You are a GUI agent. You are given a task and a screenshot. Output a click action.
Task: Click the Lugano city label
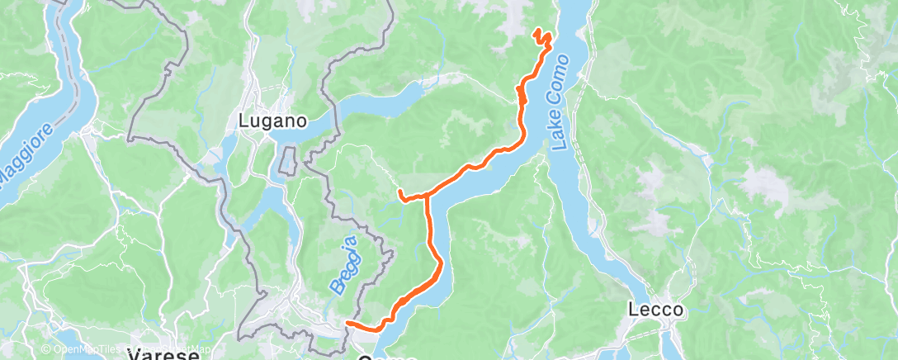pyautogui.click(x=272, y=121)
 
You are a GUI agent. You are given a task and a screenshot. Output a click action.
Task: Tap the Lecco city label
pyautogui.click(x=655, y=310)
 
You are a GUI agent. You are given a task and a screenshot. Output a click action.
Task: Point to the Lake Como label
pyautogui.click(x=561, y=102)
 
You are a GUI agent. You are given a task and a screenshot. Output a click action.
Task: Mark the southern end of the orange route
pyautogui.click(x=347, y=323)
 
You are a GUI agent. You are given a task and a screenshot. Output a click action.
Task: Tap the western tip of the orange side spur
pyautogui.click(x=399, y=192)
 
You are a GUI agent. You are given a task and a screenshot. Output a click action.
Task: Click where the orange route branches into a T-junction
pyautogui.click(x=428, y=197)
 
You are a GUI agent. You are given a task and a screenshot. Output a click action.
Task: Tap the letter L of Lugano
pyautogui.click(x=243, y=121)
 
